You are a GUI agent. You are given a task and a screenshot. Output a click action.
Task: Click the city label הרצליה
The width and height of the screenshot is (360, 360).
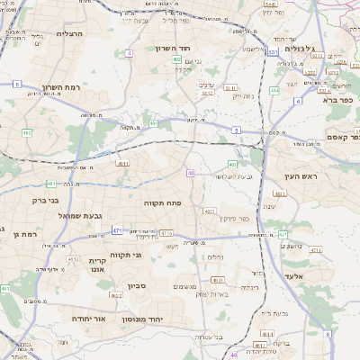click(69, 33)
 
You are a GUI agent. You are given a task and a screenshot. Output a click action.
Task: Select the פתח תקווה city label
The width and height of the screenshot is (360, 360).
click(163, 203)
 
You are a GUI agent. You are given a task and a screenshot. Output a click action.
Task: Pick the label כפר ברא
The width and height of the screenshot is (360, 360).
click(341, 101)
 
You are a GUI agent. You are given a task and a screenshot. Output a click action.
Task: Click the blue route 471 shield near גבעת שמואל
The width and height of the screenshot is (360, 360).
click(117, 230)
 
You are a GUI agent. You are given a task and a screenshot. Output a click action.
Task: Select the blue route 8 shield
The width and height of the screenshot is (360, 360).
click(328, 333)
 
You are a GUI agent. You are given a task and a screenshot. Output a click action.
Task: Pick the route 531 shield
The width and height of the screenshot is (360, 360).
click(273, 52)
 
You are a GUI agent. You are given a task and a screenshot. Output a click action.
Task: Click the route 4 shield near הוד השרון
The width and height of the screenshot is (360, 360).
click(129, 53)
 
